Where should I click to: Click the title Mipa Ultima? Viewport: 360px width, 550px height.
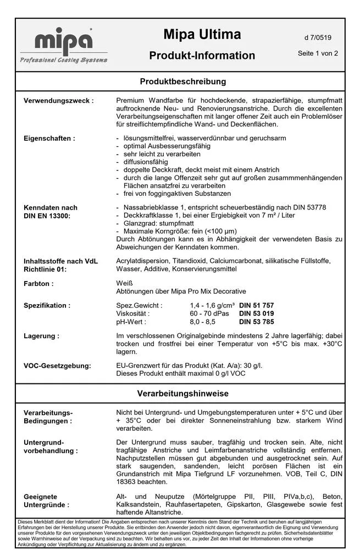tap(202, 35)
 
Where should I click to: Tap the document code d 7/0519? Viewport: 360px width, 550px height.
tap(317, 38)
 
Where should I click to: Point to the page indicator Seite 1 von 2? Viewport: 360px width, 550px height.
tap(317, 53)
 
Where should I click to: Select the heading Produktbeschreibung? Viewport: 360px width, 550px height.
tap(183, 81)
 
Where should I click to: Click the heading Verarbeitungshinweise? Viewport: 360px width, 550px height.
tap(183, 394)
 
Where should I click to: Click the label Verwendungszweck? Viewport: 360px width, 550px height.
tap(58, 101)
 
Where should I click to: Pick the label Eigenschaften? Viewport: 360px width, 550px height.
tap(49, 139)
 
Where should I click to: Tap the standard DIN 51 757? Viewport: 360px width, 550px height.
tap(256, 305)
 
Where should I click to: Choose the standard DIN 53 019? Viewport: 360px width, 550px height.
tap(256, 313)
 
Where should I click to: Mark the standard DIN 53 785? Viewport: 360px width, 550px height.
tap(256, 322)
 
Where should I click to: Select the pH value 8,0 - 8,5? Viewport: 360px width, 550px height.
tap(203, 322)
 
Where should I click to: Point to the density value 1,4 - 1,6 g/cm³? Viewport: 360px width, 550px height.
tap(212, 305)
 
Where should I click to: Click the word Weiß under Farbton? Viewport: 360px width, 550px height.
tap(125, 283)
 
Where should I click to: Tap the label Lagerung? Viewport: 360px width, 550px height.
tap(42, 335)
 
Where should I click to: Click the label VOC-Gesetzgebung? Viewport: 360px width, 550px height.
tap(58, 365)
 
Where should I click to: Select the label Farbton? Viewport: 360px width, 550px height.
tap(38, 284)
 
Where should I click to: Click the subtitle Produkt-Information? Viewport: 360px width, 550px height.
tap(202, 56)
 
